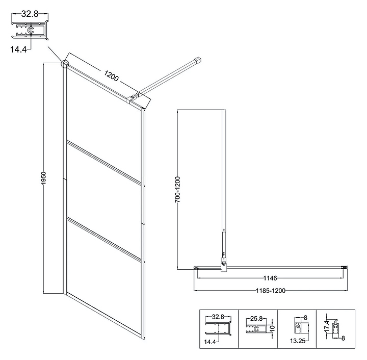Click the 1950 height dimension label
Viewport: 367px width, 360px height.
[44, 178]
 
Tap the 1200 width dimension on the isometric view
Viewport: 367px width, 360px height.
[111, 76]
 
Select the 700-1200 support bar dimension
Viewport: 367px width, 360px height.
[178, 189]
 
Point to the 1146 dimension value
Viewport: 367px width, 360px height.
[270, 278]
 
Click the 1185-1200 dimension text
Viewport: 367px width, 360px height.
[271, 291]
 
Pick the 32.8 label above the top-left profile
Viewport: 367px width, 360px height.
[30, 14]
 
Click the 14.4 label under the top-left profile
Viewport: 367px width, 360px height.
[18, 49]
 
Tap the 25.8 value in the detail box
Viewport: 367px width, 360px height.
[256, 319]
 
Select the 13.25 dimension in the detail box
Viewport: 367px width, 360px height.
[298, 341]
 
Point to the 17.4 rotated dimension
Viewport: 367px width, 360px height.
[327, 326]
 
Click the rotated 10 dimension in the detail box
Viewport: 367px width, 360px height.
[272, 327]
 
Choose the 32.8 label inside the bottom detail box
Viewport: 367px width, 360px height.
[218, 317]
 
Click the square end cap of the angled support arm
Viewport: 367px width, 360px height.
[198, 60]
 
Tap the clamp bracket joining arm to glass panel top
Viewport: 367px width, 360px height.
[134, 98]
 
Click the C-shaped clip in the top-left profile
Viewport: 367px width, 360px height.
[31, 30]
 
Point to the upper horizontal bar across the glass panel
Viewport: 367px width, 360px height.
[104, 162]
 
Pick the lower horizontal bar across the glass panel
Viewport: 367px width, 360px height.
[104, 239]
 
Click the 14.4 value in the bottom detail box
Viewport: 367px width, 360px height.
[209, 342]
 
